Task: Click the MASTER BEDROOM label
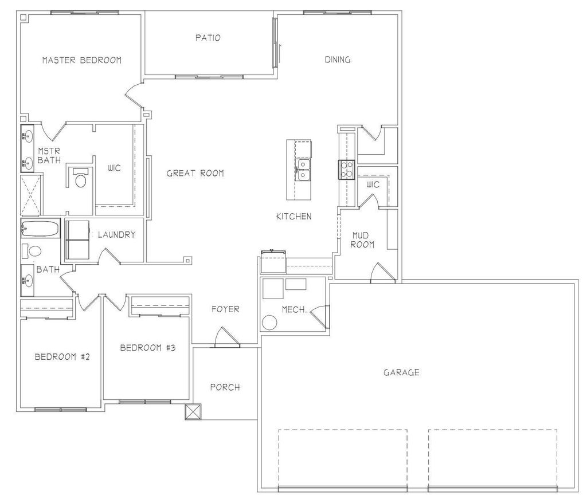(x=81, y=60)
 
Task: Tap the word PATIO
(x=208, y=38)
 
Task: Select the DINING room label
(x=338, y=60)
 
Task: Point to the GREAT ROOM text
(x=195, y=173)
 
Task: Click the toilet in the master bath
(x=81, y=180)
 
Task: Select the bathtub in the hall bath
(x=40, y=230)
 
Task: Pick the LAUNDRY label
(x=116, y=235)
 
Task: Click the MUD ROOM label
(x=363, y=239)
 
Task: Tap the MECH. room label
(x=295, y=309)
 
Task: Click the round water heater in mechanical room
(x=269, y=323)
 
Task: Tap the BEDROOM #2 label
(x=62, y=356)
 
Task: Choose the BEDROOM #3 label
(x=147, y=348)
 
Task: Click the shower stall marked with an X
(x=32, y=195)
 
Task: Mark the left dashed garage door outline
(x=343, y=457)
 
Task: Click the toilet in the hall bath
(x=35, y=252)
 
